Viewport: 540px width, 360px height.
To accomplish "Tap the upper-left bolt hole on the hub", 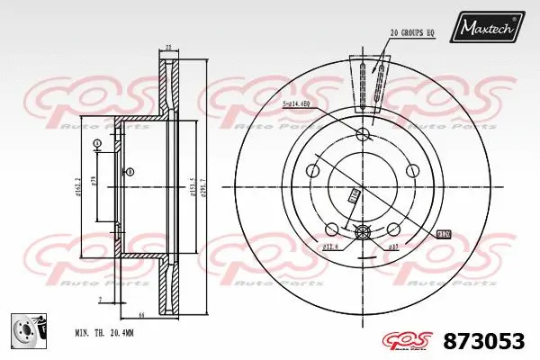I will click(313, 169).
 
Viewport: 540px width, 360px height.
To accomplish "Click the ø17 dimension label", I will click(392, 246).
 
